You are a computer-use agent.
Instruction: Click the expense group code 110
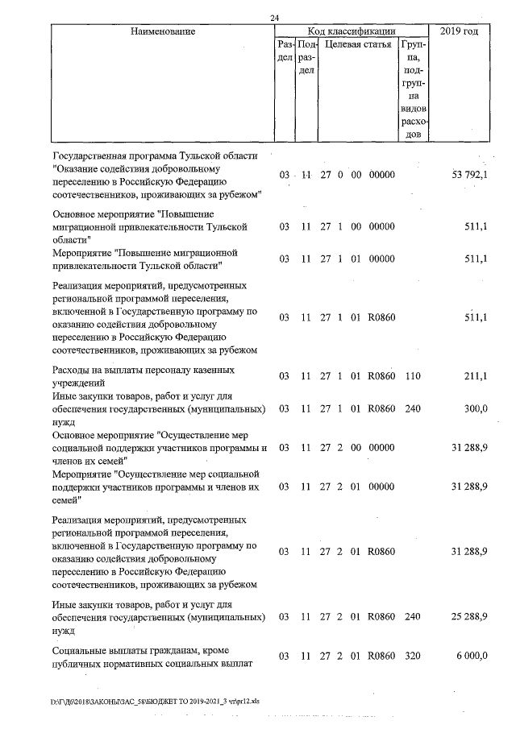coord(413,376)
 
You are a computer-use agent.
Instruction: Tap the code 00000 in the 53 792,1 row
coord(381,175)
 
